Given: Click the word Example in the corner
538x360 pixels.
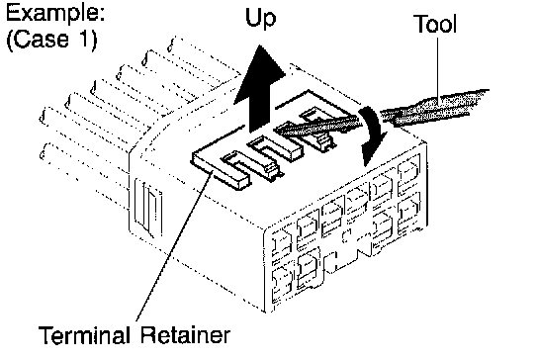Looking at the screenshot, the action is (x=55, y=14).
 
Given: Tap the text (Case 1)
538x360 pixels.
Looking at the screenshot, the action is (x=51, y=40).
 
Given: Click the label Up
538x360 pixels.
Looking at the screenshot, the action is (x=261, y=18).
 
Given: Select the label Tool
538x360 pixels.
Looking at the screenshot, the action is (x=435, y=24).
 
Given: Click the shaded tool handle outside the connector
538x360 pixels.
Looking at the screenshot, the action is (x=436, y=107).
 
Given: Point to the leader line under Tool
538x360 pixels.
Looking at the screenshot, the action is (x=437, y=69).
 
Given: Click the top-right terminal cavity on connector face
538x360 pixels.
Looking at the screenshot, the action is (x=409, y=173).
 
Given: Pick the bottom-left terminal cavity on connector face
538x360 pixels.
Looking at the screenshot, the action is (x=282, y=283).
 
